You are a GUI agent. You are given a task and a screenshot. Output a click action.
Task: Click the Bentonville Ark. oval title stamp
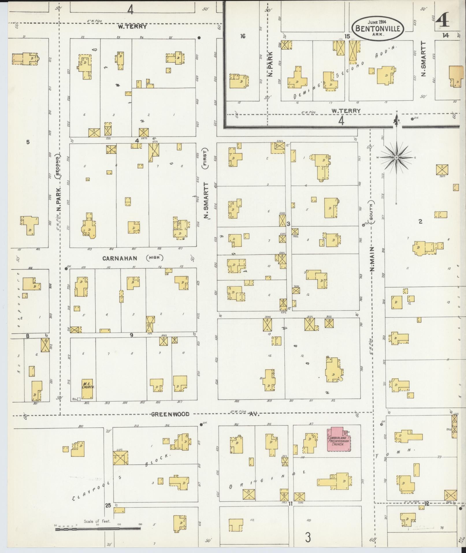(378, 29)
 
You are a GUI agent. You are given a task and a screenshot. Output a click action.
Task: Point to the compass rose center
(396, 158)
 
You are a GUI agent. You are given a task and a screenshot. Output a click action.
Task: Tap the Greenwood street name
(170, 414)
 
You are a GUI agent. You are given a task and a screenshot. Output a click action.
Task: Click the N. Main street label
(372, 259)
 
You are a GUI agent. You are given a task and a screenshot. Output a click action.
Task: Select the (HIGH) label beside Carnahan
(155, 258)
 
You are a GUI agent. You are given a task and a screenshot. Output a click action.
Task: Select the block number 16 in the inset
(243, 36)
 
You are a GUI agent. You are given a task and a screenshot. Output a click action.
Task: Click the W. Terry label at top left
(132, 27)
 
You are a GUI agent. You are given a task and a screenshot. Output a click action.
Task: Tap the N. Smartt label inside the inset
(424, 59)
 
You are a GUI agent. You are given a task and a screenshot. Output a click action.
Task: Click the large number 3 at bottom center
(308, 538)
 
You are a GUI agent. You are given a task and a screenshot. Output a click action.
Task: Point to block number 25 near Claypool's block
(108, 505)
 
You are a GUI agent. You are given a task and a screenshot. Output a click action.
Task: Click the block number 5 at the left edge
(28, 142)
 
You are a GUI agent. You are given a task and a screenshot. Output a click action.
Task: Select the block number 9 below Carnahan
(131, 335)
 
